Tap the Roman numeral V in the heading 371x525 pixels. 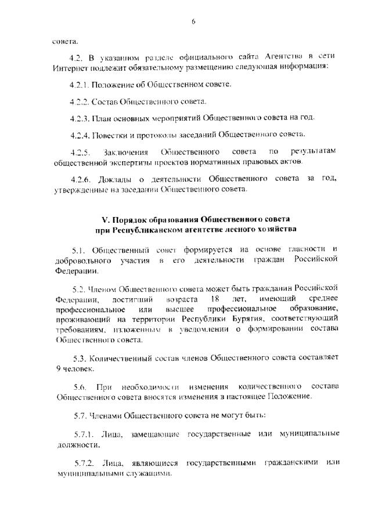(105, 220)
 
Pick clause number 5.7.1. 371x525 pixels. (82, 434)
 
